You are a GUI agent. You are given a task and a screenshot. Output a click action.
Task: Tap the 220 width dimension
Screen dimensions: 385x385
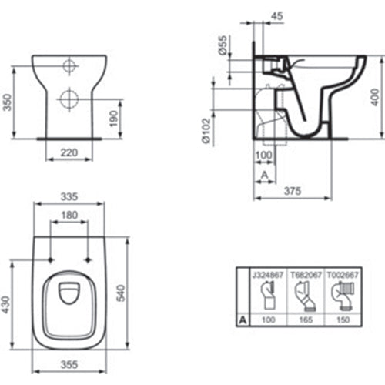coord(69,153)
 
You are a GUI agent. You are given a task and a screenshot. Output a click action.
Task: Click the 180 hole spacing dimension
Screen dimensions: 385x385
coord(69,215)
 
